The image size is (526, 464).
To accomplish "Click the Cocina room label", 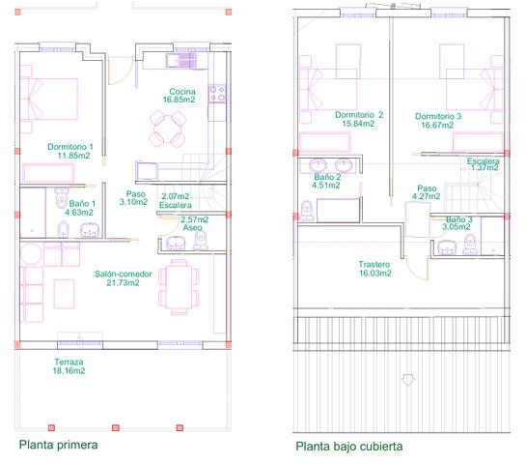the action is pos(182,92).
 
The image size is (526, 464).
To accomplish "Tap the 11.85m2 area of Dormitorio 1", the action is pos(73,156).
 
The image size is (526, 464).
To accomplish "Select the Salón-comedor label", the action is pos(124,274).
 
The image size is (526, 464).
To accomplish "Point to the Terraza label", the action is pos(69,362).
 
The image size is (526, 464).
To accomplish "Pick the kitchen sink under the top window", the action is pos(180,61).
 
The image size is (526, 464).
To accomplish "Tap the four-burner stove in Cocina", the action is pos(217,94).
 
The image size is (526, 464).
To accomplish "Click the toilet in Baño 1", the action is pos(62,199).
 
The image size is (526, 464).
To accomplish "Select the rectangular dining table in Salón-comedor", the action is pos(179,286).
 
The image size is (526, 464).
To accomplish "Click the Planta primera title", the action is pos(58,445).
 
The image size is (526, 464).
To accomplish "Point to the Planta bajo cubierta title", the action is pos(348,447).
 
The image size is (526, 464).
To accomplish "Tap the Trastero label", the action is pos(374,265).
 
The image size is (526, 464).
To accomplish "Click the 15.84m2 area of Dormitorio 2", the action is pos(358,124).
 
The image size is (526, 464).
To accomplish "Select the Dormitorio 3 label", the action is pos(438,116).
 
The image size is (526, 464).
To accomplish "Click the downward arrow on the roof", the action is pos(408,380).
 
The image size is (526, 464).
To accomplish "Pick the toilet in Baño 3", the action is pos(470,244).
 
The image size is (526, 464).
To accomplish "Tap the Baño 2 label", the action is pos(327,177).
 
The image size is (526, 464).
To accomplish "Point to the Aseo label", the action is pos(193,227).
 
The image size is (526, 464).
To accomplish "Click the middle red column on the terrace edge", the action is pos(116,427).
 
